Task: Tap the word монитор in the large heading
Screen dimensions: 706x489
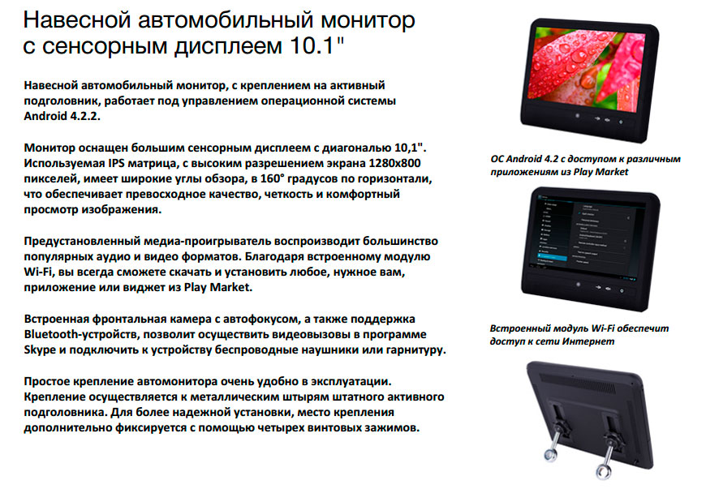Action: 368,20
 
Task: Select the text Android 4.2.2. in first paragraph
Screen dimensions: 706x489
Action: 62,116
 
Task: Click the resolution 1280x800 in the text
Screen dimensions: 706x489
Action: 394,163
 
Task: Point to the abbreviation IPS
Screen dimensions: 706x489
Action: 117,163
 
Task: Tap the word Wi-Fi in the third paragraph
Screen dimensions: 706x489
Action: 39,272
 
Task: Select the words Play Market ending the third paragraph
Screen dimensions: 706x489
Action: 218,287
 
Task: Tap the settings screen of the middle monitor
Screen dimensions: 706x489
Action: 591,236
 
